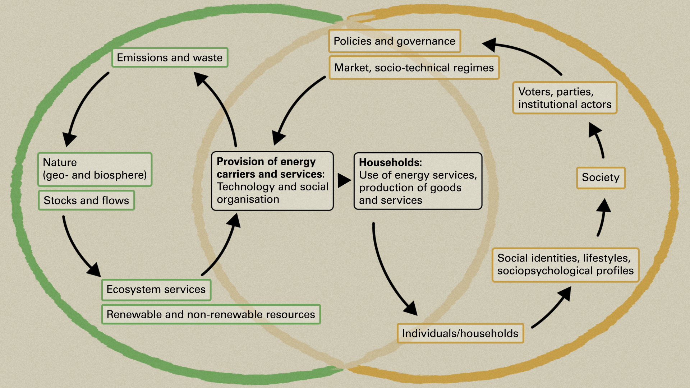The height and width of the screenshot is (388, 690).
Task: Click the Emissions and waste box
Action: click(170, 57)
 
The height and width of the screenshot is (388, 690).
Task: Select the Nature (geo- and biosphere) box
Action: click(95, 169)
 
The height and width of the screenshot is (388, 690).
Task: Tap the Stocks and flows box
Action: click(86, 200)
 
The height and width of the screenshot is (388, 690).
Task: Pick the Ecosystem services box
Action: click(156, 290)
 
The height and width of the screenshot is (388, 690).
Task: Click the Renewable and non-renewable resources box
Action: click(211, 314)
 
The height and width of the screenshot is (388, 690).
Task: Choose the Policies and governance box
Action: click(394, 41)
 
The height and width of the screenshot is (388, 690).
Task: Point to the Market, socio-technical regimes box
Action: click(414, 68)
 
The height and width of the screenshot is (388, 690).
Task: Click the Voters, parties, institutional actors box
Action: click(565, 98)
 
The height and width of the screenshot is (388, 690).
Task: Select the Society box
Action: click(601, 178)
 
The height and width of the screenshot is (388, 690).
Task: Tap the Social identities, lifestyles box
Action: click(565, 265)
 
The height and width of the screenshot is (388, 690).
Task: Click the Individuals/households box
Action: click(460, 333)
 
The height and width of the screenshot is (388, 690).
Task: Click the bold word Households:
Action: click(390, 162)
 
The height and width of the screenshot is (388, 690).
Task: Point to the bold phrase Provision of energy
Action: click(266, 162)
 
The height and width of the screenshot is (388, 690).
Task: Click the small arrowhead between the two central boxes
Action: click(344, 181)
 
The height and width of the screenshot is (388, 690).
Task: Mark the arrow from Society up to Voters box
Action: click(598, 140)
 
